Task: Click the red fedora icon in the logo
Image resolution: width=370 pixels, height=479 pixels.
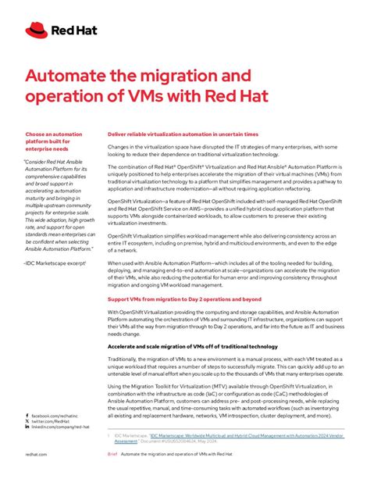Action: point(36,30)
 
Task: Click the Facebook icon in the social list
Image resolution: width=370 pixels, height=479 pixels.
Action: point(27,416)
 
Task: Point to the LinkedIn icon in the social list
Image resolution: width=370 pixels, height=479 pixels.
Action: point(27,428)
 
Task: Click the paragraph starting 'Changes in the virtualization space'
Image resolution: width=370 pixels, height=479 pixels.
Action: point(226,151)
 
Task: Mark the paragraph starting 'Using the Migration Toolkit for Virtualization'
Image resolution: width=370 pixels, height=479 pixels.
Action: point(226,401)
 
